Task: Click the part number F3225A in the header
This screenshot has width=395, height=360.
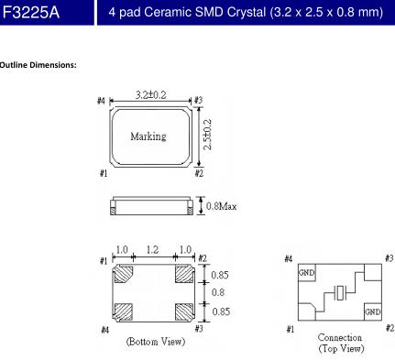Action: click(x=31, y=13)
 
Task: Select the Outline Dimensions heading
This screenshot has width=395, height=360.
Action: click(x=38, y=65)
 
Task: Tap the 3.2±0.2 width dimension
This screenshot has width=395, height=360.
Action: click(x=151, y=95)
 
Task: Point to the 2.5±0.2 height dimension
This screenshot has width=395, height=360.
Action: click(x=207, y=135)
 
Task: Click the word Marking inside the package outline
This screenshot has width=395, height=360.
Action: click(x=148, y=136)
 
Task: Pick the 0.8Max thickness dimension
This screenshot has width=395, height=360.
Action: click(x=221, y=206)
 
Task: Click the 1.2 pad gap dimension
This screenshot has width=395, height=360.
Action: click(x=152, y=250)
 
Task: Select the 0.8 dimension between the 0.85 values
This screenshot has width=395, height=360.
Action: click(x=218, y=292)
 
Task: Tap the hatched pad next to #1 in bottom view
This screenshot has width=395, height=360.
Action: click(x=124, y=274)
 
